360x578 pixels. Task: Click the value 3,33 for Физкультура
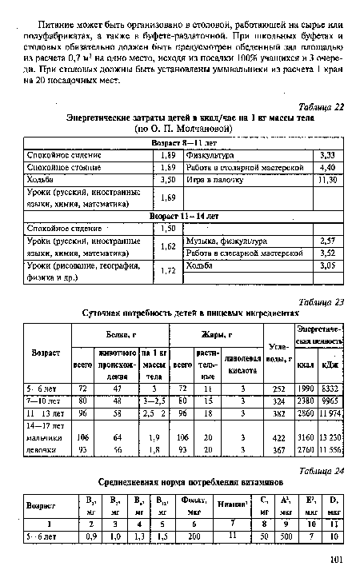point(326,155)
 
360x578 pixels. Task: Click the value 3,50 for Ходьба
point(167,181)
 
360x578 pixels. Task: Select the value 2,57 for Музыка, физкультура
point(326,241)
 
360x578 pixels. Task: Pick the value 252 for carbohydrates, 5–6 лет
point(279,389)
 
